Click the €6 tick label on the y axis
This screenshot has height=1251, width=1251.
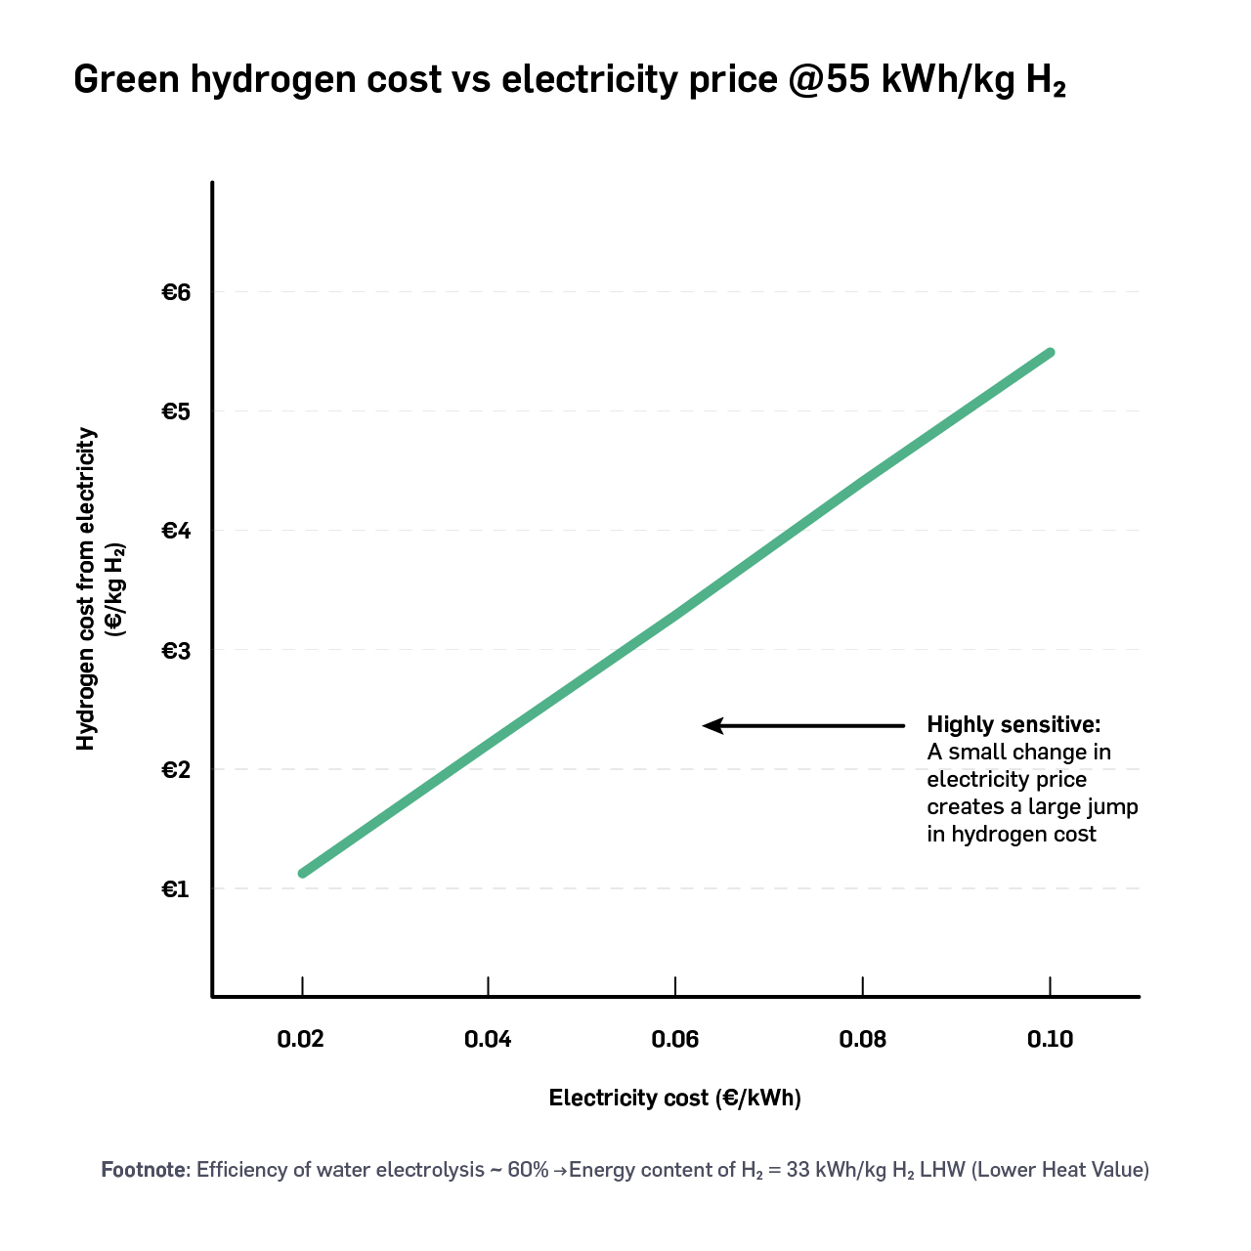click(x=174, y=292)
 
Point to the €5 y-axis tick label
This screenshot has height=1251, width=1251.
click(x=174, y=411)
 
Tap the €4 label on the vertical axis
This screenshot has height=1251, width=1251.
click(x=174, y=531)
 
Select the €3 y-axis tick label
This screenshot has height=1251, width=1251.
click(x=174, y=650)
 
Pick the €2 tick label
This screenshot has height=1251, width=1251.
click(x=174, y=770)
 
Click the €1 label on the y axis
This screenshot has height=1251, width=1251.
click(x=174, y=889)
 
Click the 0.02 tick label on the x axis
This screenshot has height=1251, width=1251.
click(x=301, y=1039)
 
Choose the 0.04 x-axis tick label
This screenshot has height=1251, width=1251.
click(x=488, y=1039)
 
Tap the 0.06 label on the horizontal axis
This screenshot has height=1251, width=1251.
click(x=675, y=1039)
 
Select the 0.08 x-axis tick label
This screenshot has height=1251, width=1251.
click(x=863, y=1039)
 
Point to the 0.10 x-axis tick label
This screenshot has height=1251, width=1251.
click(x=1050, y=1039)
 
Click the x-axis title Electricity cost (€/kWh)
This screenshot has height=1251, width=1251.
click(x=674, y=1098)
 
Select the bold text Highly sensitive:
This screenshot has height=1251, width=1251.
click(x=1014, y=725)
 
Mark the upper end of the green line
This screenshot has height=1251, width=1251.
click(x=1050, y=353)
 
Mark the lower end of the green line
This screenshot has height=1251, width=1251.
click(x=303, y=873)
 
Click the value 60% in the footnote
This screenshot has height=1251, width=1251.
click(x=528, y=1170)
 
